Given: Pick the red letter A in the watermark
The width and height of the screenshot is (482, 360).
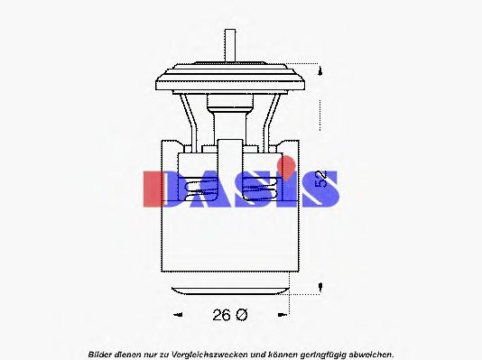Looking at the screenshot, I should point(205,187).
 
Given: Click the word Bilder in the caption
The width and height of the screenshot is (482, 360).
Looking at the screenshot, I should point(103,353).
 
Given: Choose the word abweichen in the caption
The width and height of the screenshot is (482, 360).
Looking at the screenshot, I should point(371,353).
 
